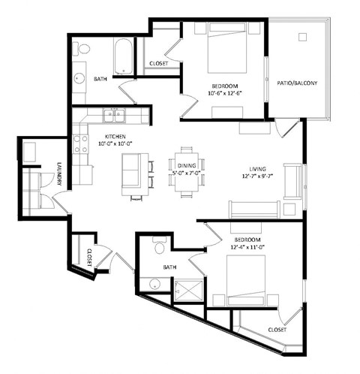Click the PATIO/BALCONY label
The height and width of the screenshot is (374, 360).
click(298, 83)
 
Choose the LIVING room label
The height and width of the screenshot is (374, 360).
click(260, 169)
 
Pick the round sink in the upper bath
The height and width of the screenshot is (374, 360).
click(79, 77)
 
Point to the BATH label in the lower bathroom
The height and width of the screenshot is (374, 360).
click(169, 266)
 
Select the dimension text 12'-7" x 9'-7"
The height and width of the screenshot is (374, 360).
click(260, 178)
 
